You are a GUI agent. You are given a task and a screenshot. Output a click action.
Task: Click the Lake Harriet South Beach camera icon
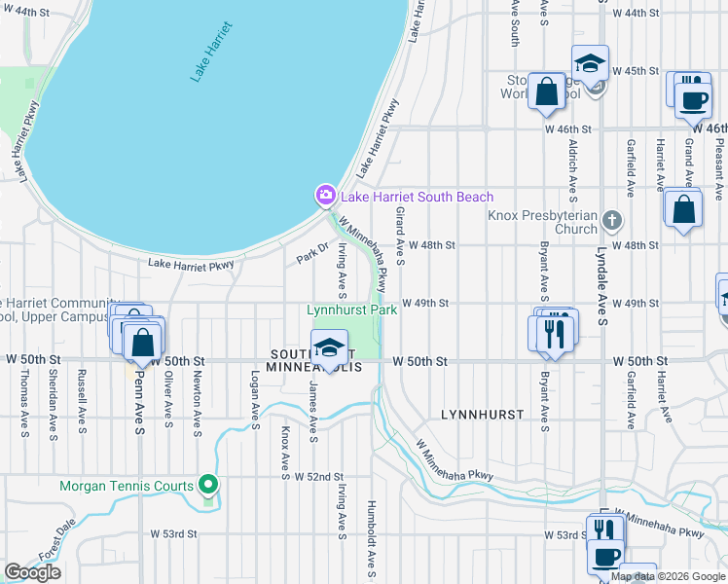coord(324,197)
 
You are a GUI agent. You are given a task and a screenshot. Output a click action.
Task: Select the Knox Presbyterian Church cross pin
coord(610,219)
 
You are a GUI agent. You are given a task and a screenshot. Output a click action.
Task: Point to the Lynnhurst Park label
coord(351,310)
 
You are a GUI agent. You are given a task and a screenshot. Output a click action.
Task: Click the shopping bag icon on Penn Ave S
coord(143,341)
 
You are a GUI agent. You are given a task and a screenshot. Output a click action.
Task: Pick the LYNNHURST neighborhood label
coord(483,415)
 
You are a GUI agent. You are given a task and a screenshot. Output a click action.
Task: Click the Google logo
coord(32,572)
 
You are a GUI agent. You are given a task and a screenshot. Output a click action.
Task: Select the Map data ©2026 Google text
coord(668,576)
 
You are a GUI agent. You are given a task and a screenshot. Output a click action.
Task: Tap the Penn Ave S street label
coord(140,400)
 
